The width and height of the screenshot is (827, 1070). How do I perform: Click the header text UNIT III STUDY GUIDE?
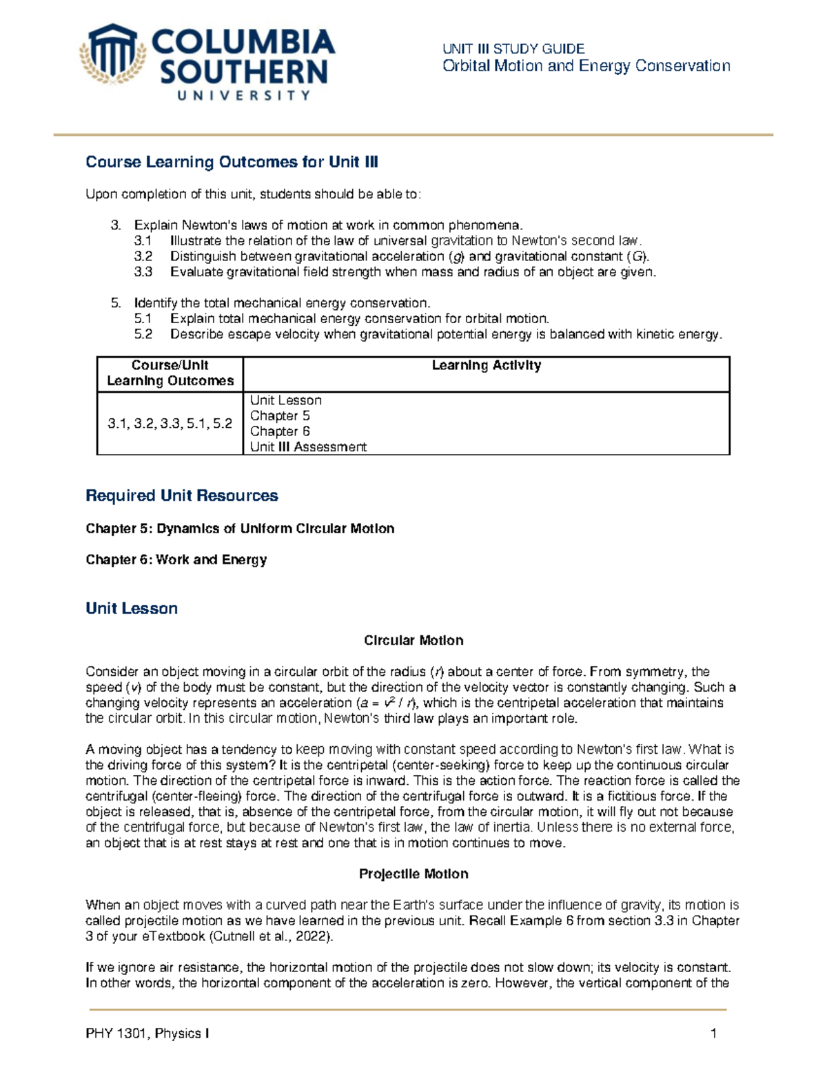click(x=513, y=48)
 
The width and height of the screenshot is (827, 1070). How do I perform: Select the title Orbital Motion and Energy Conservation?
click(x=586, y=66)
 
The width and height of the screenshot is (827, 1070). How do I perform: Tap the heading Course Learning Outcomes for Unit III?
click(x=232, y=162)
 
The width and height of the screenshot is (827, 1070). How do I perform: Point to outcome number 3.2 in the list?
click(x=143, y=256)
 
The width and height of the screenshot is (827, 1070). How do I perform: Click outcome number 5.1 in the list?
click(x=143, y=318)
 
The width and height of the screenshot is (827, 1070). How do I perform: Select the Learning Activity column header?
click(x=486, y=366)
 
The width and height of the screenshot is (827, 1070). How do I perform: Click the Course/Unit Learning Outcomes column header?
click(x=170, y=373)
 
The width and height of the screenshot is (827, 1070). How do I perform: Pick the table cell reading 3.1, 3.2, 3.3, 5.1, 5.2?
click(x=170, y=424)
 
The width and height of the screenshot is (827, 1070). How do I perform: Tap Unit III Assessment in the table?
click(x=308, y=447)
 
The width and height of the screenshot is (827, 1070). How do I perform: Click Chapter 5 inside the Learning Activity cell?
click(x=280, y=415)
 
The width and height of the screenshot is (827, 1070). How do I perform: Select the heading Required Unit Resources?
click(x=181, y=495)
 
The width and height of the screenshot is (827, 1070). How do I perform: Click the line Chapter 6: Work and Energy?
click(x=176, y=559)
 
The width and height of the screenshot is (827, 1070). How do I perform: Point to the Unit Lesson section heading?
click(x=132, y=608)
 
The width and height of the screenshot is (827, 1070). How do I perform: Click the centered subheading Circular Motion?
click(x=413, y=641)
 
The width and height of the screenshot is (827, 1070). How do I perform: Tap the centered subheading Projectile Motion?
click(x=413, y=874)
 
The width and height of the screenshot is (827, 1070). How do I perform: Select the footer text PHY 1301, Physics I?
click(x=147, y=1033)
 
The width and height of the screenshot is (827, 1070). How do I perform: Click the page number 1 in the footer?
click(x=713, y=1033)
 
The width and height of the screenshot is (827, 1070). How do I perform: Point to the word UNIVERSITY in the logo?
click(x=243, y=96)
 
